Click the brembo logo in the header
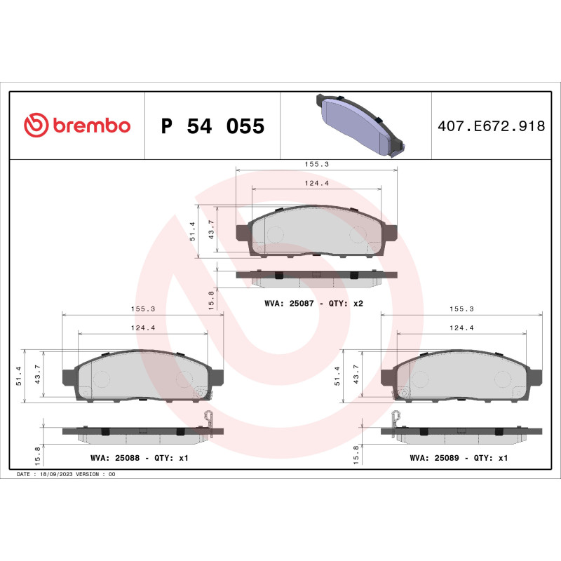point(77,126)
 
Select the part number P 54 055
point(212,126)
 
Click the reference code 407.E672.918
point(491,126)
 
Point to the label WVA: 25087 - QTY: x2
point(313,304)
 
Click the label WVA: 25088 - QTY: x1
point(140,458)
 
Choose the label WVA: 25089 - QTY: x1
point(459,458)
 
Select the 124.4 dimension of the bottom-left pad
point(143,327)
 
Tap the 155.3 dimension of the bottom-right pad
point(461,309)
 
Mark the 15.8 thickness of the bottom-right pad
point(356,454)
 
